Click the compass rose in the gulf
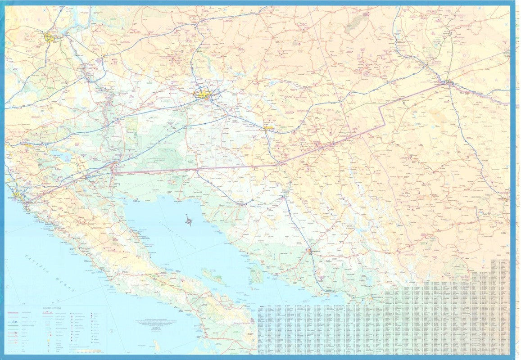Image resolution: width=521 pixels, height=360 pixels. [x=189, y=221]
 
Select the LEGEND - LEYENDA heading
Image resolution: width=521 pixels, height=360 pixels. [x=52, y=308]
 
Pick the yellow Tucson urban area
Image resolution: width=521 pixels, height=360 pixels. [x=268, y=128]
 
